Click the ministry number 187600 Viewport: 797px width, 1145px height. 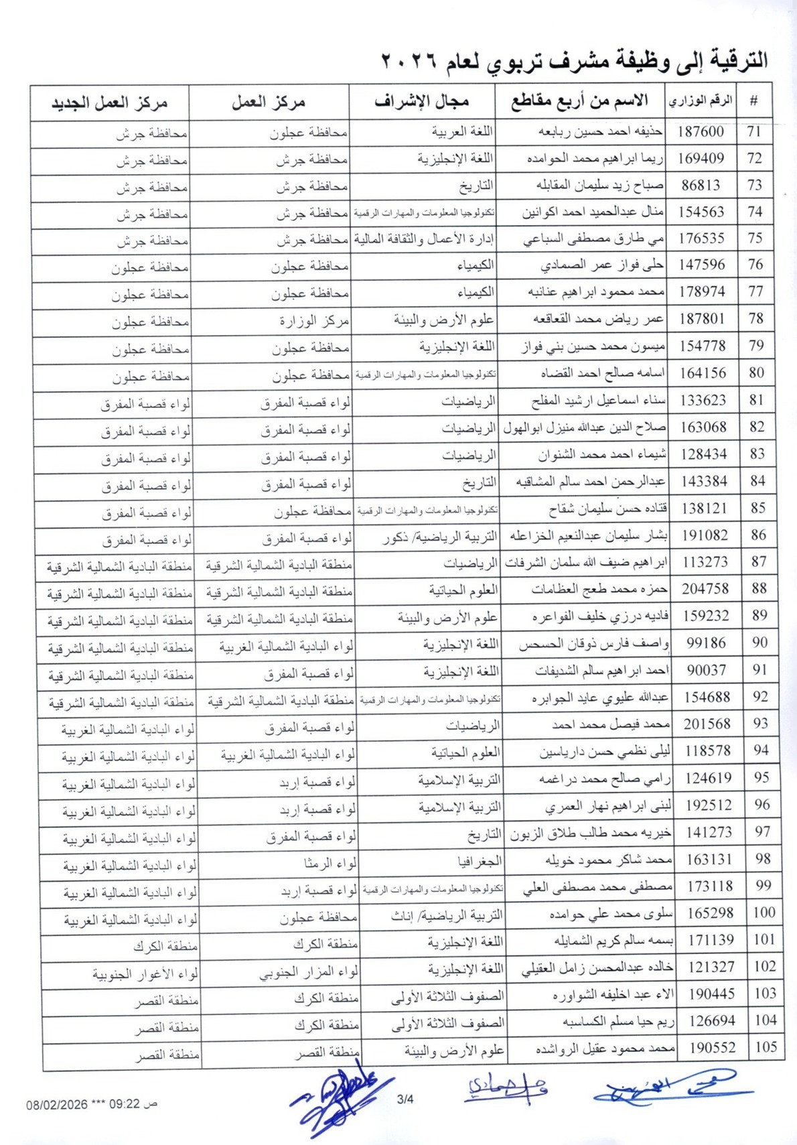click(x=700, y=131)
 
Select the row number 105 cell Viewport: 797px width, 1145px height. click(x=766, y=1047)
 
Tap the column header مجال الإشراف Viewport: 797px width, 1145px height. click(x=421, y=102)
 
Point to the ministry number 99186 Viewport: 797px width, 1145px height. click(x=706, y=643)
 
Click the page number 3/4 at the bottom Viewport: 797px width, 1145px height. click(x=405, y=1099)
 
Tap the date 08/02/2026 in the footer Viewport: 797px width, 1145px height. click(x=57, y=1104)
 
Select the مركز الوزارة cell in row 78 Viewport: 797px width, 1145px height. click(x=314, y=320)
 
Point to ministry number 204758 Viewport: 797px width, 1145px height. click(x=705, y=589)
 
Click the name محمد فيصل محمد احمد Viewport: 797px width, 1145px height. click(x=610, y=725)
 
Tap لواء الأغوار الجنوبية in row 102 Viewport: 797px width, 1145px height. click(x=145, y=973)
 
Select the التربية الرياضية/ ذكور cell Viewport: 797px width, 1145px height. click(x=439, y=537)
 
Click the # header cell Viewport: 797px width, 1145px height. click(x=753, y=102)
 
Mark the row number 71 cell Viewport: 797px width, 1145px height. click(x=753, y=131)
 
